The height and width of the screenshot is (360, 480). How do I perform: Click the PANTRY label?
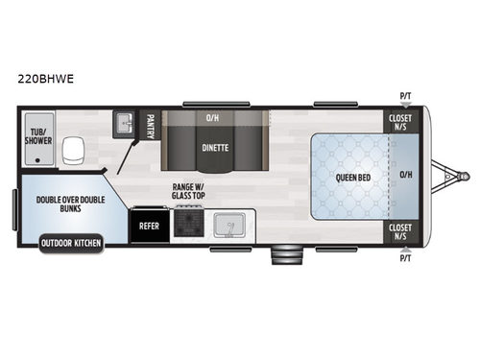pos(150,125)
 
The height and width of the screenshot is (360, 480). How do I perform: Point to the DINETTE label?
pos(214,149)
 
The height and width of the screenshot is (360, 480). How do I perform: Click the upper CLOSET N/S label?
pos(399,122)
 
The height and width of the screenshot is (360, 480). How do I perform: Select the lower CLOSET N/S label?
pos(399,231)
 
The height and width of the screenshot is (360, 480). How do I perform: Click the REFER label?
pos(150,227)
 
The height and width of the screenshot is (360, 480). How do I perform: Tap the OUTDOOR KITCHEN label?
pos(71,243)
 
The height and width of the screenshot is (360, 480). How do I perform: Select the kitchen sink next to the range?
pos(228,226)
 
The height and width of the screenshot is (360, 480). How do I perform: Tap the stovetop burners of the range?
pos(187,225)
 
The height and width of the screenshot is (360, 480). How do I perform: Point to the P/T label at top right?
pos(405,96)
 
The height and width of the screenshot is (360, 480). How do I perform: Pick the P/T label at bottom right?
pos(405,257)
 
